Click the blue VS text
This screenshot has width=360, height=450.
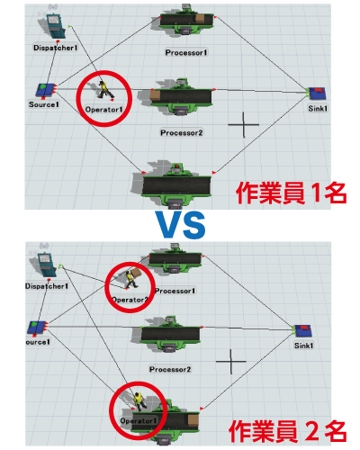(181, 225)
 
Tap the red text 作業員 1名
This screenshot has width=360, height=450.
(291, 193)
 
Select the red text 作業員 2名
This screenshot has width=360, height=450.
(287, 431)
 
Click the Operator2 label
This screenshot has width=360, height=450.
(130, 300)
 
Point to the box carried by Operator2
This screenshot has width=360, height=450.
(136, 273)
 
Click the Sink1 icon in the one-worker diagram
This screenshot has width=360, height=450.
(317, 93)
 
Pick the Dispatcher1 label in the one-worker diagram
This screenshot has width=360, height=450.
(56, 48)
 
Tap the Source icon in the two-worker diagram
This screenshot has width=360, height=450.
(37, 328)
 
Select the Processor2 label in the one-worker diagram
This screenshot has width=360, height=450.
(182, 132)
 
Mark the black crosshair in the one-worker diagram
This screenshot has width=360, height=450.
(243, 124)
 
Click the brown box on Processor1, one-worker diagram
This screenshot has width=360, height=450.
(200, 18)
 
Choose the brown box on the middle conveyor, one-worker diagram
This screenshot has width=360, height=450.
(155, 95)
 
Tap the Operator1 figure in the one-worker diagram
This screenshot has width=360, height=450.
(105, 89)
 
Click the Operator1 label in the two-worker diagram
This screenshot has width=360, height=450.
(139, 421)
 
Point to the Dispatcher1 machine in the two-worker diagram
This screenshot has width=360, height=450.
(46, 264)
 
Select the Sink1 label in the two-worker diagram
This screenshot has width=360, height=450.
(303, 346)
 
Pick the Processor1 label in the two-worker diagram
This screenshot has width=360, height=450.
(175, 291)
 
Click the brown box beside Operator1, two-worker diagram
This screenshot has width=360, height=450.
(193, 419)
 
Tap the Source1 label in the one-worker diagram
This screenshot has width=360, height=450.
(44, 104)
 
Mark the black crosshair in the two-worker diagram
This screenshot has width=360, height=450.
(230, 362)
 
